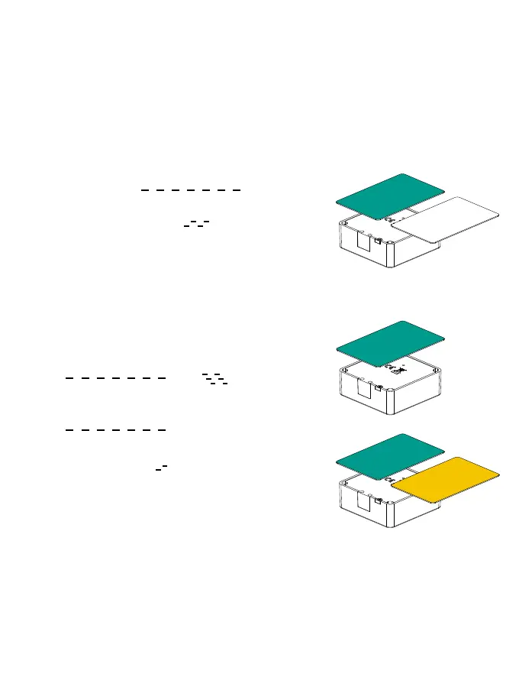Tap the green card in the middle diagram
[x=389, y=342]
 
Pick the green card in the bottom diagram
[x=389, y=456]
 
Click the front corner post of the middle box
[x=392, y=400]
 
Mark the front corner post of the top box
[x=392, y=255]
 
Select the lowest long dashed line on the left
[x=115, y=430]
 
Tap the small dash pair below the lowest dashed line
[x=161, y=465]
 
